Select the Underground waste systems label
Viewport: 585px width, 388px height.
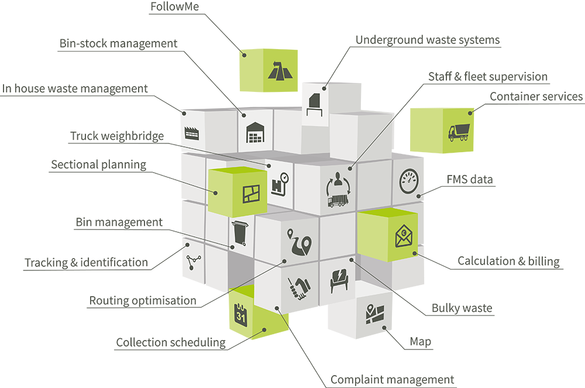pos(428,40)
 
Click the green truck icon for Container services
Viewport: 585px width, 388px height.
pos(458,132)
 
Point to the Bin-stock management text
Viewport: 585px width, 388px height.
pos(118,44)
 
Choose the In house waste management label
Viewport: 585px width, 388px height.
pos(74,89)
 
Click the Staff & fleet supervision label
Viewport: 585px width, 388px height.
pos(488,77)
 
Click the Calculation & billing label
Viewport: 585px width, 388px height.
pos(508,261)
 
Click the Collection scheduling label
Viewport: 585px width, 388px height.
pos(170,342)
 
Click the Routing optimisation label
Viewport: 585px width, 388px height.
pos(142,301)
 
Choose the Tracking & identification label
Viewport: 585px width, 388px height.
pos(86,263)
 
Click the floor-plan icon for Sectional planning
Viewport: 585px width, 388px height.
pos(251,194)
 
